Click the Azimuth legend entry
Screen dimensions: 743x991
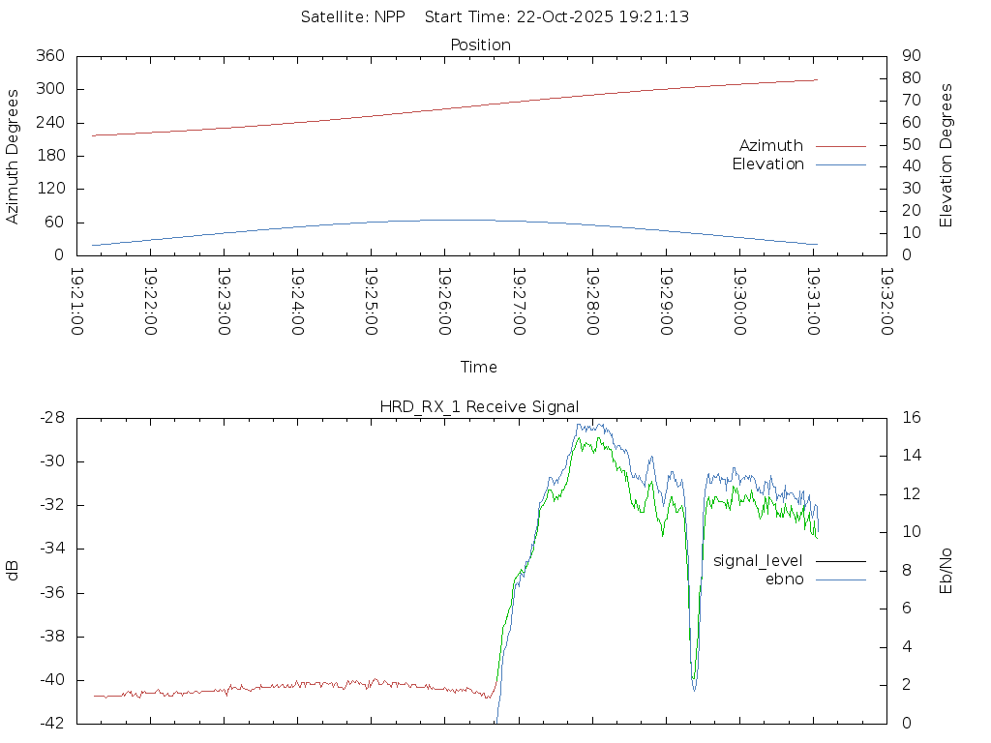771,146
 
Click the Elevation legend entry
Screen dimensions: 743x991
767,164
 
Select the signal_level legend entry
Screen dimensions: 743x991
758,561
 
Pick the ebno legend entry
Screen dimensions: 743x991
784,580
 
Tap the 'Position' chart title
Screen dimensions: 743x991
481,45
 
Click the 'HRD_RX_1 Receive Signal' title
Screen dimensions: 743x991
480,406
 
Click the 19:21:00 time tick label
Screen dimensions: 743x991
77,302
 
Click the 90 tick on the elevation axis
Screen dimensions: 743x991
911,56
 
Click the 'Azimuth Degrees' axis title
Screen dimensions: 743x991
14,156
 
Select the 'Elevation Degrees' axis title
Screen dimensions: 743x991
946,156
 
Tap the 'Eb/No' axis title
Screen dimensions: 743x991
946,570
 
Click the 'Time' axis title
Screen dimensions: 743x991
479,368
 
